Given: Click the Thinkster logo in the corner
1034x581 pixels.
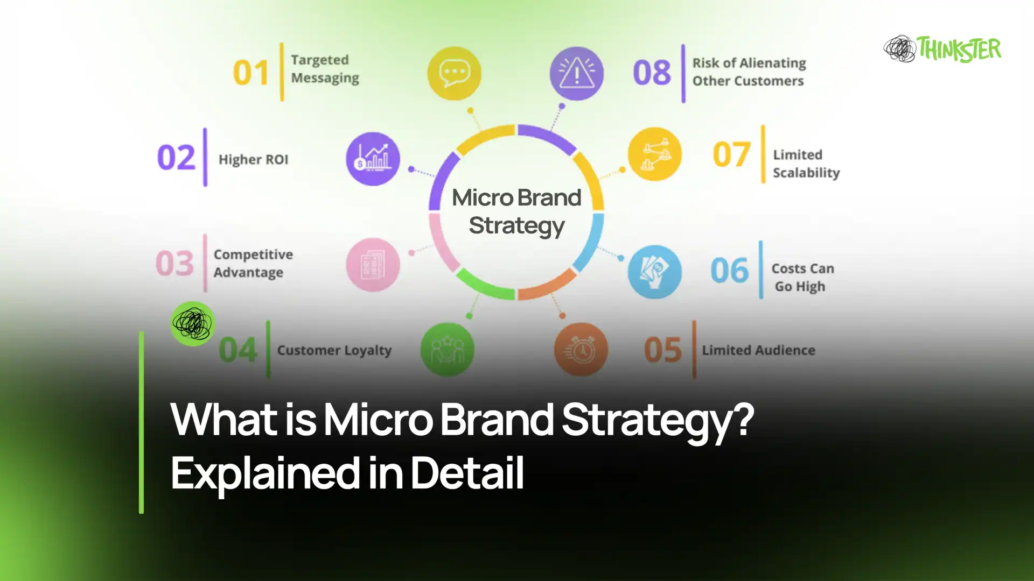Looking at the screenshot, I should click(942, 49).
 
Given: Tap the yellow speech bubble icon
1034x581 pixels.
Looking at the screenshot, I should click(454, 73).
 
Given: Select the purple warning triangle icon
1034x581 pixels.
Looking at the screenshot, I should click(576, 73).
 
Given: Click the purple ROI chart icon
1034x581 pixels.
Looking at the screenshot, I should click(373, 159).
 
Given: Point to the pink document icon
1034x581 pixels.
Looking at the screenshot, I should click(373, 265).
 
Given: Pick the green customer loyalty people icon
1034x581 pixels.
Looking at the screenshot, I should click(447, 350).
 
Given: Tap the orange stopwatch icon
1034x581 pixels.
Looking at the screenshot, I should click(581, 350).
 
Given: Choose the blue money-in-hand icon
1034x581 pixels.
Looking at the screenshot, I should click(654, 272).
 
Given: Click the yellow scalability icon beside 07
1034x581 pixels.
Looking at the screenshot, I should click(654, 154).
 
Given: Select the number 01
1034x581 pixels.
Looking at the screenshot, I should click(250, 73).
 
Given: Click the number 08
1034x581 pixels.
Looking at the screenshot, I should click(652, 73).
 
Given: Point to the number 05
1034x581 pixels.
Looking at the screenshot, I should click(663, 350).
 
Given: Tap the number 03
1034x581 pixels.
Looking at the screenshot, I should click(174, 264).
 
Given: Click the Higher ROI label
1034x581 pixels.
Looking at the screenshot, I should click(253, 160).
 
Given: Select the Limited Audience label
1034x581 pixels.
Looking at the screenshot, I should click(758, 350).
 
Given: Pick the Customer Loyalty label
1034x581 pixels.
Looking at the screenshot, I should click(334, 350).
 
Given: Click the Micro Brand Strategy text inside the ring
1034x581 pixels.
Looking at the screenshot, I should click(516, 211).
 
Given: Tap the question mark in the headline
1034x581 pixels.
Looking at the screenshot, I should click(743, 419).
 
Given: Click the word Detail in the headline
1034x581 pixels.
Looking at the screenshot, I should click(467, 472).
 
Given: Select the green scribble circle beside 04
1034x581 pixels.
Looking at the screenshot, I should click(193, 323).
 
